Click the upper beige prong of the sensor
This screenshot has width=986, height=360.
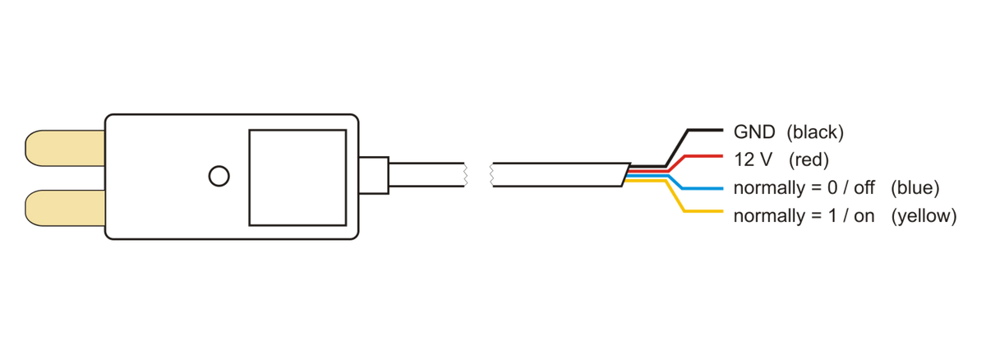coord(65,148)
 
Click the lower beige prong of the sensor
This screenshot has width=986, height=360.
coord(65,208)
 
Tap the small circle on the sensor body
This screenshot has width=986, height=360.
coord(219,176)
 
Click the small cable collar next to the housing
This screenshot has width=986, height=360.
coord(374,175)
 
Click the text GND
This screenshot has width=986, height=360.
coord(754,132)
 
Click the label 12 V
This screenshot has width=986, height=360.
coord(753,159)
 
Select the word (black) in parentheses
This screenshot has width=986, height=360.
coord(815,132)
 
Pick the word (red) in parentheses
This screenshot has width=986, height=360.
coord(809,160)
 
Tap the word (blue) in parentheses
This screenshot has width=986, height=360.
coord(915,188)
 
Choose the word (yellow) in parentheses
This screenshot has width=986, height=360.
coord(924,216)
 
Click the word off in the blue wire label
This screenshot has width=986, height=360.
coord(864,188)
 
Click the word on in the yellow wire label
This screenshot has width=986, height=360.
coord(864,216)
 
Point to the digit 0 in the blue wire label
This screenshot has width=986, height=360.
coord(832,188)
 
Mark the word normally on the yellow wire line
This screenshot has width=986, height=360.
coord(769,216)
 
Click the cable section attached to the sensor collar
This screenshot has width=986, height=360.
coord(426,175)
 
